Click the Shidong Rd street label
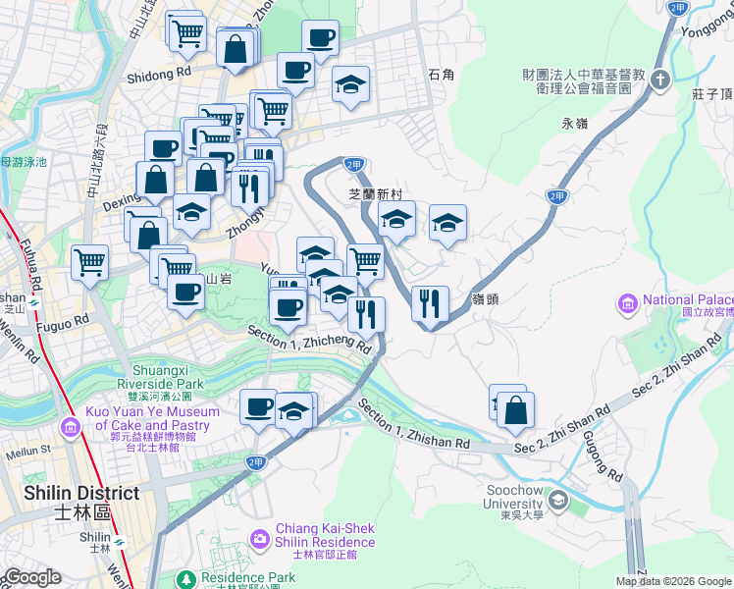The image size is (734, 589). (158, 74)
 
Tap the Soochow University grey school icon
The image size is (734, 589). (558, 502)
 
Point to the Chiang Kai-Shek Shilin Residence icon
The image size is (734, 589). (259, 538)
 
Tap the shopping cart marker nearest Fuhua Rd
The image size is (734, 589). (89, 262)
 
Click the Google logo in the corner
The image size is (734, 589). (31, 577)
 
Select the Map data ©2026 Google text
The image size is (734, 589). (672, 581)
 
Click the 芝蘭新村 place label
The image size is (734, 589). (377, 194)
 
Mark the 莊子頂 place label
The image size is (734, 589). (712, 94)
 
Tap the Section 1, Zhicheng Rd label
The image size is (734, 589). (309, 339)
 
